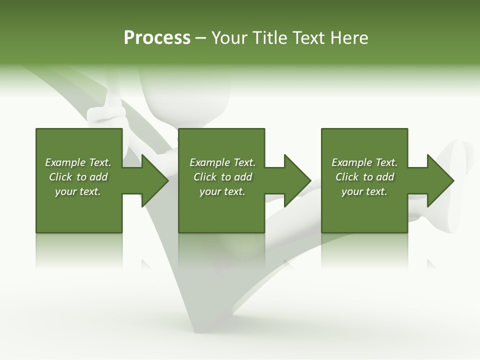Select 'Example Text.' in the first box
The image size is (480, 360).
point(78,162)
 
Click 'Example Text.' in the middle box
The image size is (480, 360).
point(222,162)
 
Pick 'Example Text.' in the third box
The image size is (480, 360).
point(364,162)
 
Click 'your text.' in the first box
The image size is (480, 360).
point(78,191)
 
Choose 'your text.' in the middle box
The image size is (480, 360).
point(222,191)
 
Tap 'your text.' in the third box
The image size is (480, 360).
point(364,191)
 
